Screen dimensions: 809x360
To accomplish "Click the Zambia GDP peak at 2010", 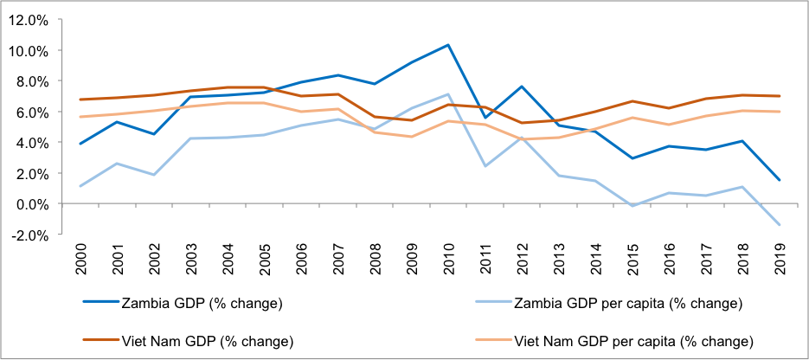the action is pyautogui.click(x=448, y=45).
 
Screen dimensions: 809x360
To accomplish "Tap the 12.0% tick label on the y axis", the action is pyautogui.click(x=30, y=21).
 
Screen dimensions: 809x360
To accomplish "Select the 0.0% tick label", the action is pyautogui.click(x=33, y=204).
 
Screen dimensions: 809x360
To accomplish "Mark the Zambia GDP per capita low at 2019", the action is pyautogui.click(x=779, y=225).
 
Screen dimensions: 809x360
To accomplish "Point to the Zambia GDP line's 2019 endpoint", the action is pyautogui.click(x=779, y=180).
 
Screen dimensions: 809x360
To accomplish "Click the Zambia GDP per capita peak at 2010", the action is pyautogui.click(x=448, y=94).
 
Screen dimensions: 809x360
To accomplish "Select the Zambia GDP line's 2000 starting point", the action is pyautogui.click(x=80, y=144).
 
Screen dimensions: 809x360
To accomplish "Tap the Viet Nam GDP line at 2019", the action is pyautogui.click(x=779, y=96).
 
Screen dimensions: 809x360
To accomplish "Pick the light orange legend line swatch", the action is pyautogui.click(x=492, y=341).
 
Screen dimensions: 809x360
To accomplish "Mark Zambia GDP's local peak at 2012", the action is pyautogui.click(x=522, y=87).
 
